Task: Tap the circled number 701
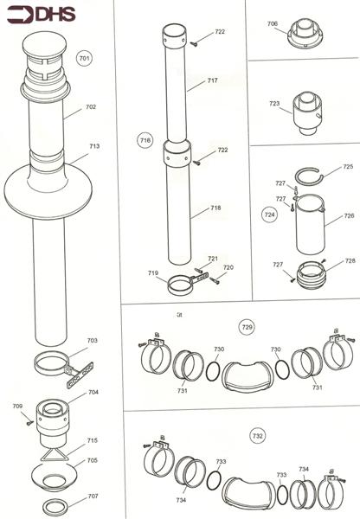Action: point(84,59)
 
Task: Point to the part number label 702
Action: point(91,107)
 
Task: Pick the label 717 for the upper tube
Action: point(213,80)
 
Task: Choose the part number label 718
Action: point(215,208)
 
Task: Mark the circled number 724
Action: point(269,211)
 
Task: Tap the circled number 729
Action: point(247,327)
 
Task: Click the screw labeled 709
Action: point(29,422)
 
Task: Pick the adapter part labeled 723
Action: point(306,112)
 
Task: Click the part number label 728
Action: point(350,259)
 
